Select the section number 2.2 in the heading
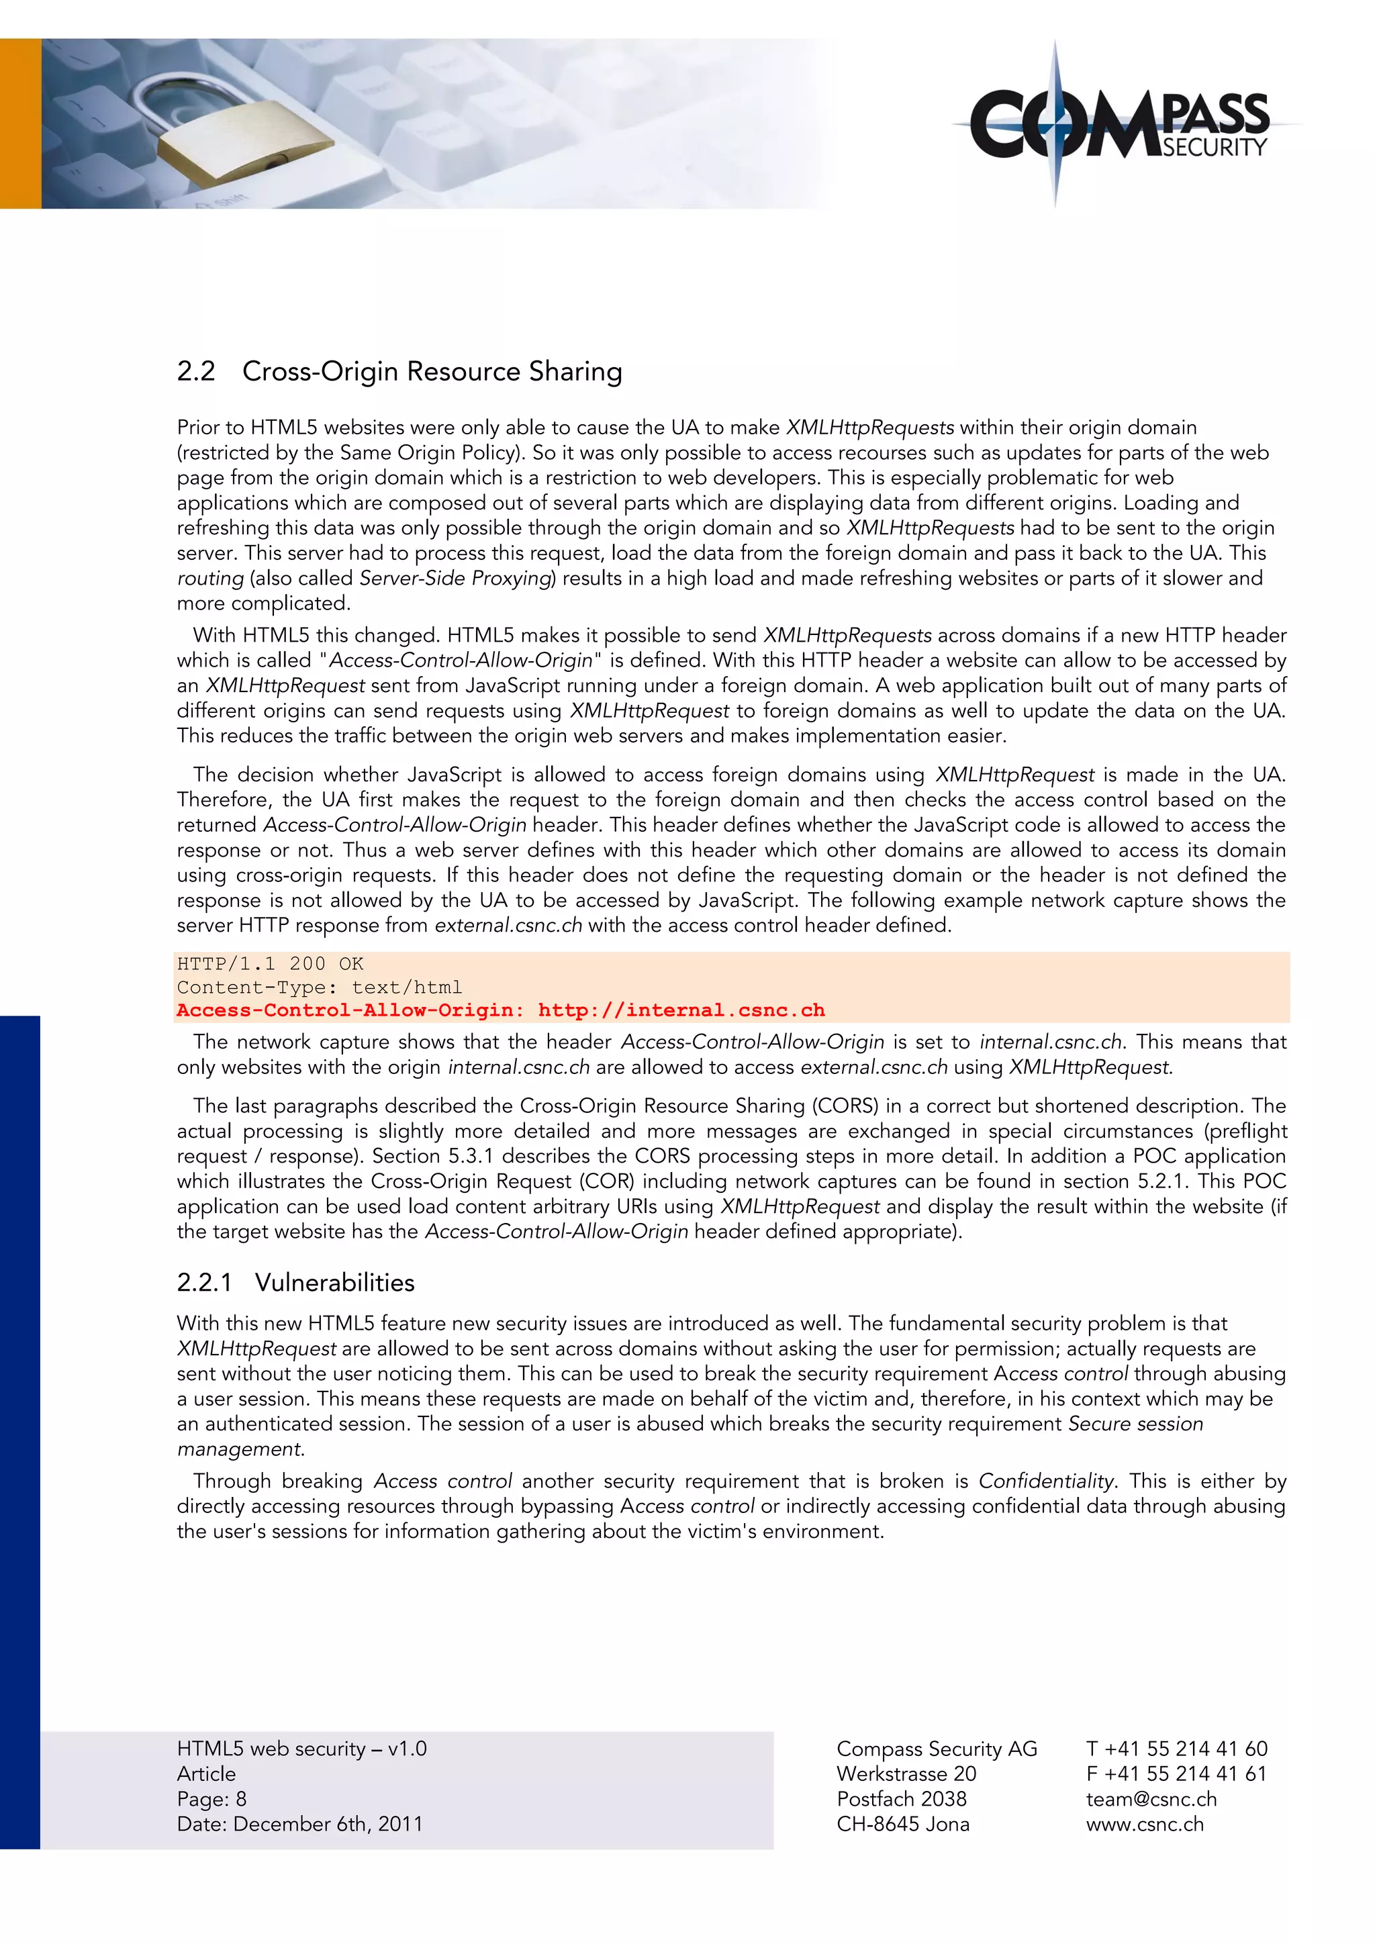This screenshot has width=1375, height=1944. click(195, 372)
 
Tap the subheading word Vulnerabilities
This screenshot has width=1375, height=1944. click(334, 1283)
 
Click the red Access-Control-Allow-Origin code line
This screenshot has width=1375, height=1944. click(500, 1010)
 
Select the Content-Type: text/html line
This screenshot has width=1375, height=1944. click(319, 987)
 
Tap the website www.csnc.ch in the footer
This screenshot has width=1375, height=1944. click(1145, 1824)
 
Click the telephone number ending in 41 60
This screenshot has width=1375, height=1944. click(1177, 1749)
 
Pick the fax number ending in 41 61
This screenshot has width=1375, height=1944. click(1177, 1773)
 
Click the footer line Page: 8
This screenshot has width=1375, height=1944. click(211, 1798)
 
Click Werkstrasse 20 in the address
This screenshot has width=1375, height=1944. click(906, 1773)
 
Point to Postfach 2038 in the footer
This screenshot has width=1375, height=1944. click(901, 1798)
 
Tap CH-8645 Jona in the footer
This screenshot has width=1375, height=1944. click(902, 1824)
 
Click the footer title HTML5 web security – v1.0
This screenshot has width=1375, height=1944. click(301, 1749)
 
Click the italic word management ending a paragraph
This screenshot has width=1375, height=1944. click(240, 1449)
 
